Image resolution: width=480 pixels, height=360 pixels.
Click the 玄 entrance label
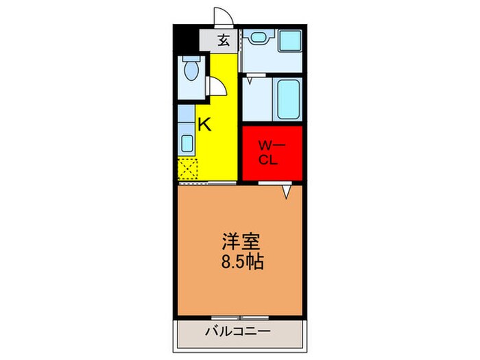point(224,40)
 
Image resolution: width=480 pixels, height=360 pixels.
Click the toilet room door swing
point(217,86)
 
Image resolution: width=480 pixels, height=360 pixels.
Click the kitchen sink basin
point(187,143)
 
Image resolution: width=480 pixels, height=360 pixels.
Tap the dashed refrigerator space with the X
point(187,167)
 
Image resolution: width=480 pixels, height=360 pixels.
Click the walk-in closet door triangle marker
point(288,193)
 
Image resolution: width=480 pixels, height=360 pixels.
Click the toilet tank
point(191,61)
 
